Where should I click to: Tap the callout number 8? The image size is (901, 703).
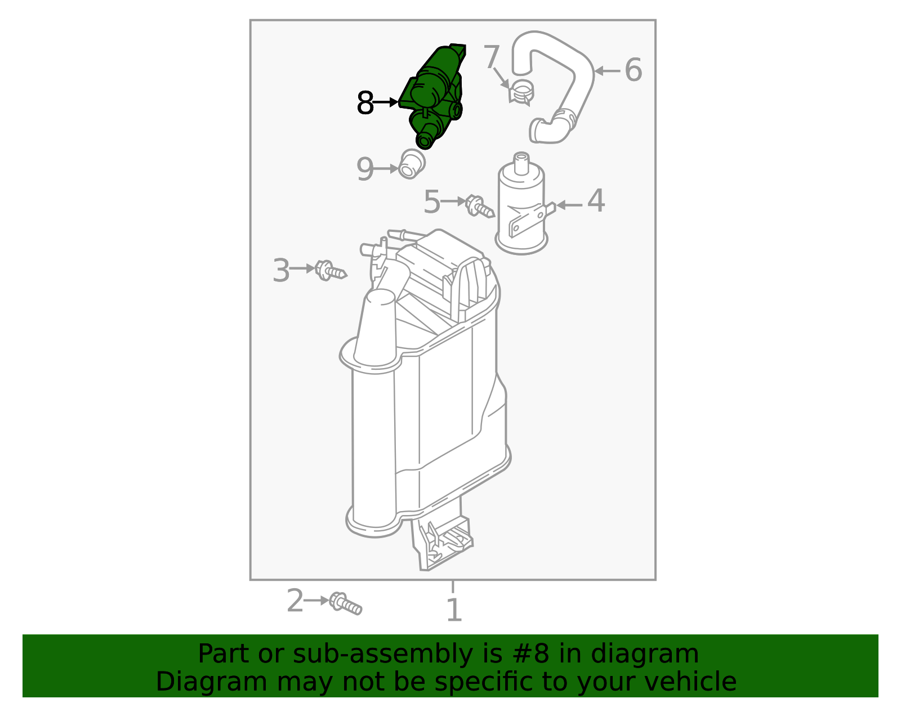[365, 104]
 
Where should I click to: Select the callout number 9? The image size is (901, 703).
[365, 169]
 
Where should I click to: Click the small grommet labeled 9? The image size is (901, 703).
[412, 164]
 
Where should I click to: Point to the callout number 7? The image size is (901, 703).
[491, 57]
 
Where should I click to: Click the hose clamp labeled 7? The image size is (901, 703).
[522, 92]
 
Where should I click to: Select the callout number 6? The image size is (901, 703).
[633, 70]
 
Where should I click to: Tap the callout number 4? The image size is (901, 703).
[596, 202]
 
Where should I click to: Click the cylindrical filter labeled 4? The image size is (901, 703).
[521, 208]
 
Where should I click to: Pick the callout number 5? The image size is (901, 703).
[431, 202]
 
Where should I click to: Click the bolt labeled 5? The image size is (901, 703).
[479, 207]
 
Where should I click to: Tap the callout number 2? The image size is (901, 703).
[295, 601]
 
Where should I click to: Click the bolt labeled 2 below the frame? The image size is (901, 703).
[345, 603]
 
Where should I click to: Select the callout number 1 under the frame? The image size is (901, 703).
[453, 611]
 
